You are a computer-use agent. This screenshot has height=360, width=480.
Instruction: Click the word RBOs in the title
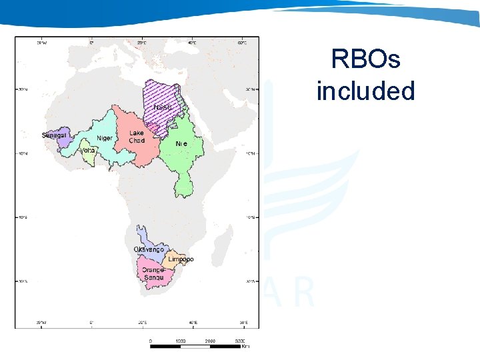[365, 60]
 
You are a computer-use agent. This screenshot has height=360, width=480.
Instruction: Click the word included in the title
[365, 91]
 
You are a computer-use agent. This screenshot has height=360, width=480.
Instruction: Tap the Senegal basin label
[55, 135]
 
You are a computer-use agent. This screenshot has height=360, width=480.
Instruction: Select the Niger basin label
[105, 138]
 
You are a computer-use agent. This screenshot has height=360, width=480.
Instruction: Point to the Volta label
[87, 151]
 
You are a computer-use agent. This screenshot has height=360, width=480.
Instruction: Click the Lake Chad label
[137, 137]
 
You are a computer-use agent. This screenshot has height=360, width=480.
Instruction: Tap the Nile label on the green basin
[181, 143]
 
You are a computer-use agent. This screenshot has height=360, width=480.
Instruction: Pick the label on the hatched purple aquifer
[163, 107]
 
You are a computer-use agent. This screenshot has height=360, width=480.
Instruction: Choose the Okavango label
[149, 249]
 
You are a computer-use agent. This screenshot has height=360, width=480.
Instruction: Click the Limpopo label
[181, 259]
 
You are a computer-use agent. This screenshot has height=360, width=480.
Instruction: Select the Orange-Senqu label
[153, 273]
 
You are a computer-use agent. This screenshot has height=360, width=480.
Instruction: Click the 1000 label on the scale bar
[180, 341]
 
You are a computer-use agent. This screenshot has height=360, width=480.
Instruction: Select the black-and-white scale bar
[197, 346]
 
